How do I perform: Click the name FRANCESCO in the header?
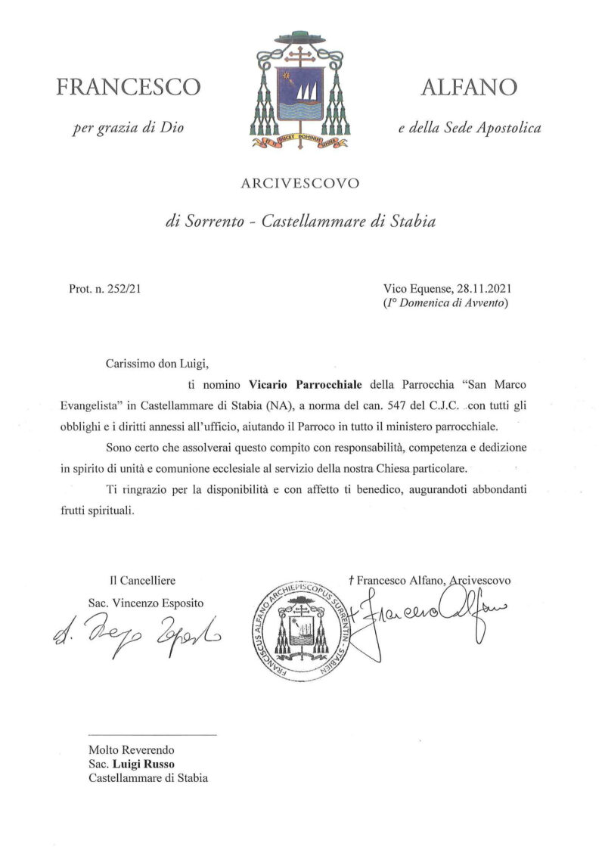click(x=129, y=87)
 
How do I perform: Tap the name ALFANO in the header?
click(x=469, y=87)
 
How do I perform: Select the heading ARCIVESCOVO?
click(x=300, y=182)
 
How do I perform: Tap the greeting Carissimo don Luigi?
click(x=156, y=362)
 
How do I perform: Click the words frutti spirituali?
click(x=97, y=511)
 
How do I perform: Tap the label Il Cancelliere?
click(x=142, y=581)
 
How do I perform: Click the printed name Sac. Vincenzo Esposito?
click(x=145, y=603)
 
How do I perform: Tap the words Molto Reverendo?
click(x=132, y=749)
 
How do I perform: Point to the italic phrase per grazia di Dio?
click(x=129, y=128)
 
